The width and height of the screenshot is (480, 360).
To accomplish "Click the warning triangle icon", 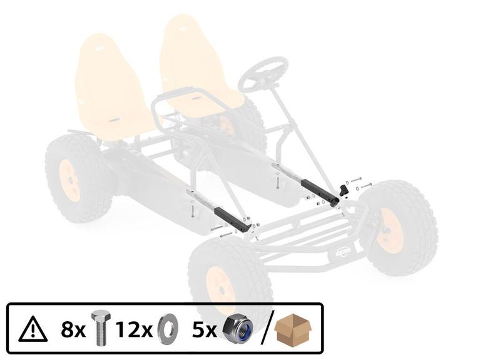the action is click(33, 330).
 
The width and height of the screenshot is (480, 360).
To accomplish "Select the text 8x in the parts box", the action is click(73, 330).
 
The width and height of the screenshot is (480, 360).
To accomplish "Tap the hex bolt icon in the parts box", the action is click(101, 328).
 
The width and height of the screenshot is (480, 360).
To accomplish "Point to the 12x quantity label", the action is click(133, 330).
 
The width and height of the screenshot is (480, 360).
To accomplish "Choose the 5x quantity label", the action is click(205, 330).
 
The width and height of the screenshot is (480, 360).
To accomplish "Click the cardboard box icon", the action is click(293, 328).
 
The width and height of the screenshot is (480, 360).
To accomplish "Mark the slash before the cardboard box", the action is click(267, 328).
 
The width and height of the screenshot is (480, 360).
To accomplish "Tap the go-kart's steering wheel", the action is click(263, 74).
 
